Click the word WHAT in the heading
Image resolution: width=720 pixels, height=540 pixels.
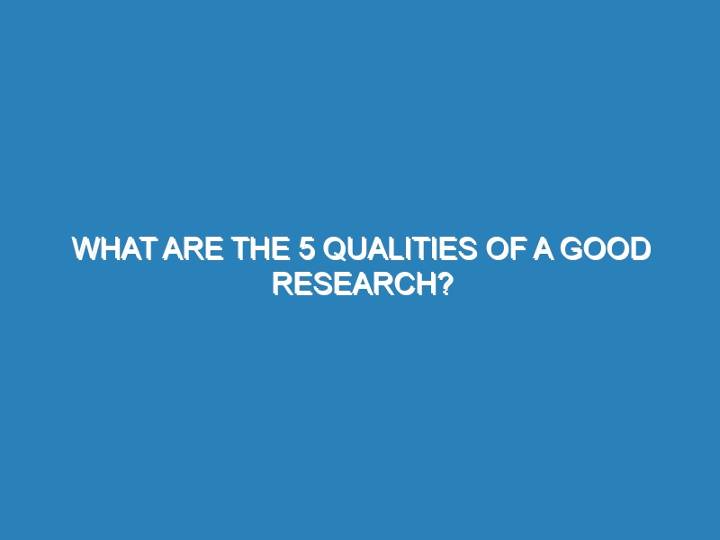[113, 249]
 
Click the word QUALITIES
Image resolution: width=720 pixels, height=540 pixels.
[400, 249]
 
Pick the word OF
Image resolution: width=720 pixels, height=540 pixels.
[505, 249]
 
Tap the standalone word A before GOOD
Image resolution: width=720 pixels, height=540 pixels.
[544, 249]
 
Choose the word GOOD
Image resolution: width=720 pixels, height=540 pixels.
[605, 249]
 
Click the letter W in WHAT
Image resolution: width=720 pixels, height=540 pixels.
[87, 249]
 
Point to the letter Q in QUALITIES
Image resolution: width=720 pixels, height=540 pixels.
[335, 249]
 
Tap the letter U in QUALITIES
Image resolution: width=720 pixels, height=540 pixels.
[357, 249]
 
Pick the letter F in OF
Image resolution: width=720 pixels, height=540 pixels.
[517, 249]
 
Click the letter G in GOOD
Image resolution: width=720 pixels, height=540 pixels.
[571, 249]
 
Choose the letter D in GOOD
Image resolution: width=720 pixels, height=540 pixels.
[642, 249]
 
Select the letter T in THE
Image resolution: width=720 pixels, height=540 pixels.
[241, 249]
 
